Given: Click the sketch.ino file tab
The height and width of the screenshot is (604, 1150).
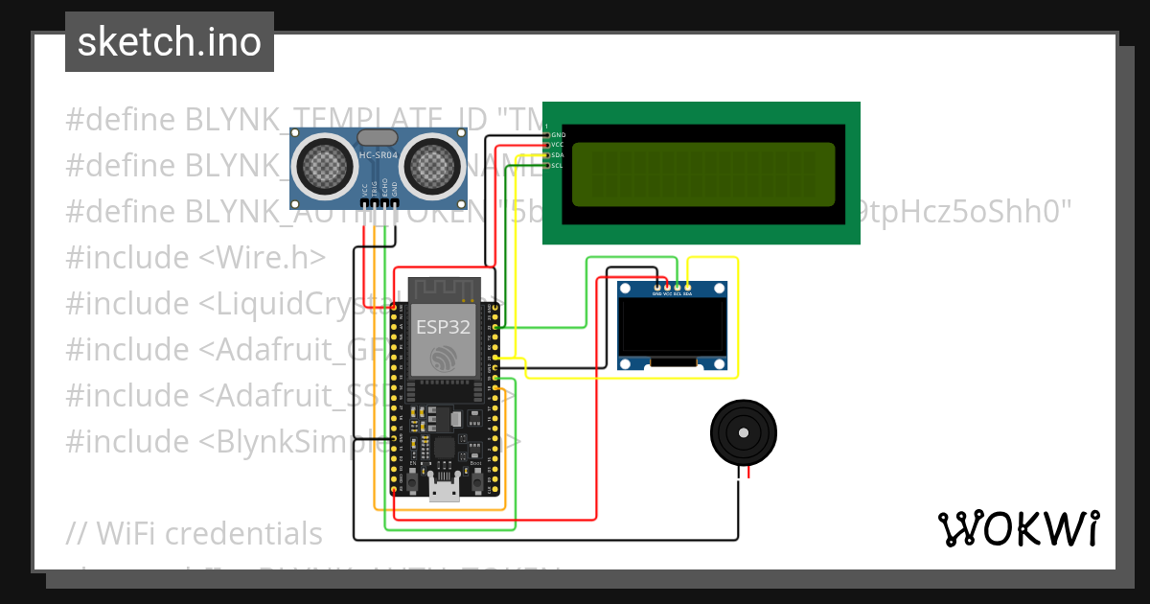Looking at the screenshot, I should [170, 42].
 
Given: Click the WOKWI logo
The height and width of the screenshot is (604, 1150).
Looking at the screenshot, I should [1018, 528].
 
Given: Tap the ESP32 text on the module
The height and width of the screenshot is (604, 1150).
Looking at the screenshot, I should [443, 327].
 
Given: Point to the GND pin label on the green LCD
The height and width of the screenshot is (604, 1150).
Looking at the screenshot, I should [558, 135].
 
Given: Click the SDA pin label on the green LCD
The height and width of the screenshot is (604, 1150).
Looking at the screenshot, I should [558, 155].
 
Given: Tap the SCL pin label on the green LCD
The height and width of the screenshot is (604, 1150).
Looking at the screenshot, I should [558, 166].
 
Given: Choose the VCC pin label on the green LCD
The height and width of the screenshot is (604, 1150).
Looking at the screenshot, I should [558, 145].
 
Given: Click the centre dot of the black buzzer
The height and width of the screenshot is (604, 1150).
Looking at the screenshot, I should [744, 433].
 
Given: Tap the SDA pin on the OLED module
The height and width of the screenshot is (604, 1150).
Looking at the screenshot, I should [688, 289].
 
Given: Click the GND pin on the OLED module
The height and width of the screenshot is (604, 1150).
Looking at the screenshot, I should [656, 289].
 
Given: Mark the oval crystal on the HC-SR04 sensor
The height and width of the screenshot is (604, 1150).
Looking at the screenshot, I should [379, 141].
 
